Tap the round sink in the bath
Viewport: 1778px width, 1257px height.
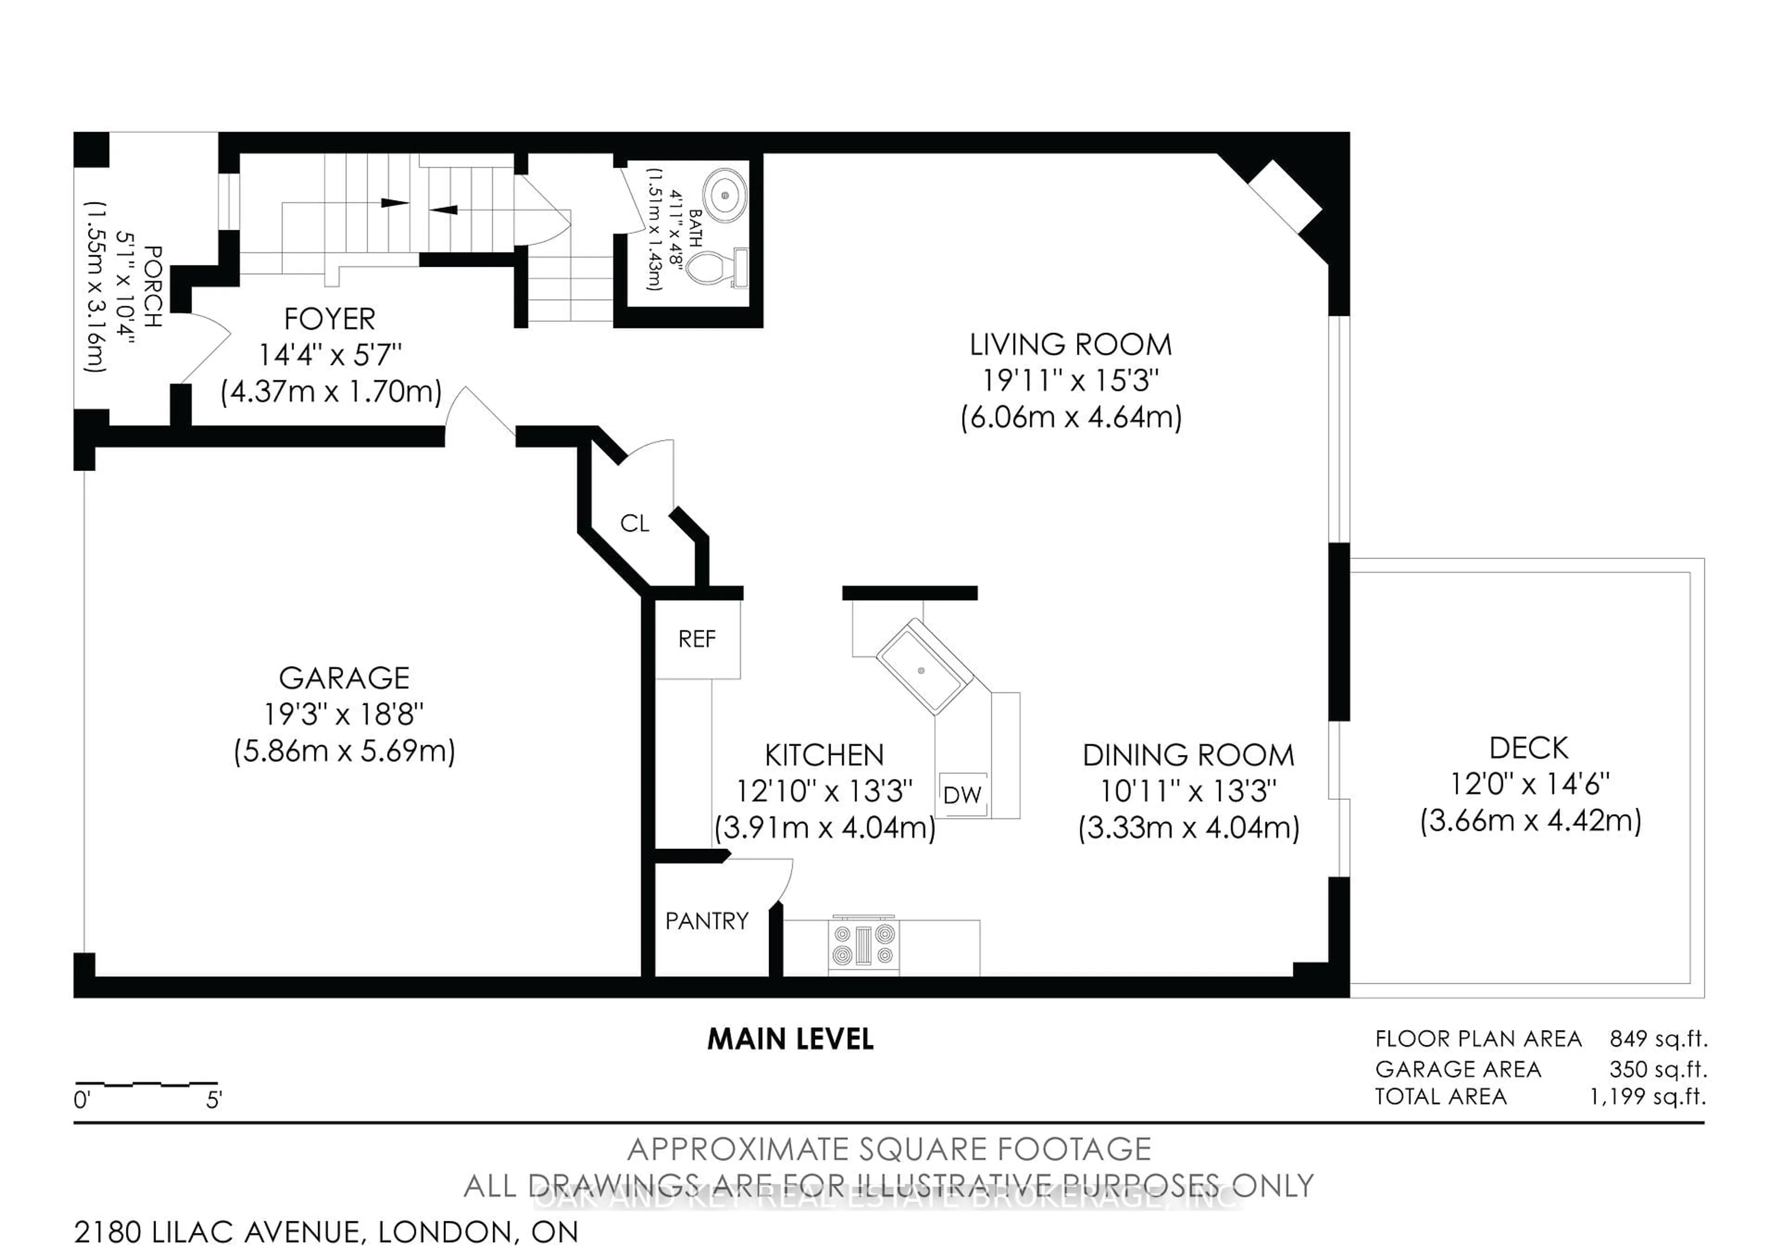[x=725, y=195]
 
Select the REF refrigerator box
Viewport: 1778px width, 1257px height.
[x=697, y=639]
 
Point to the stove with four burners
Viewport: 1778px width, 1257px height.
[x=864, y=945]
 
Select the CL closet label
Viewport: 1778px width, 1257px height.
[x=634, y=523]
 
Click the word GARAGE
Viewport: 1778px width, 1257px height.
[x=344, y=679]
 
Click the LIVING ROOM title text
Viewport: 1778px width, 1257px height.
[x=1070, y=345]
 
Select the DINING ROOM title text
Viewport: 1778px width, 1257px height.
[x=1188, y=755]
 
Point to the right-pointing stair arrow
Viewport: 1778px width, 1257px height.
[x=394, y=203]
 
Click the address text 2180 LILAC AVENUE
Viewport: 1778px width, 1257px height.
[x=217, y=1232]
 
